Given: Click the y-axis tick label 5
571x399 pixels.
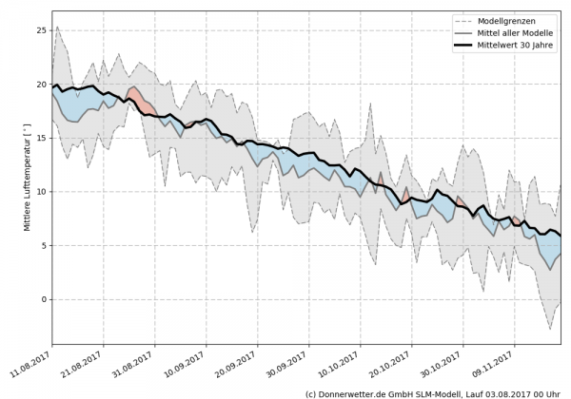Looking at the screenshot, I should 42,245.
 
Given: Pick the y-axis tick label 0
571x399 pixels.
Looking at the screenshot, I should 42,299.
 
